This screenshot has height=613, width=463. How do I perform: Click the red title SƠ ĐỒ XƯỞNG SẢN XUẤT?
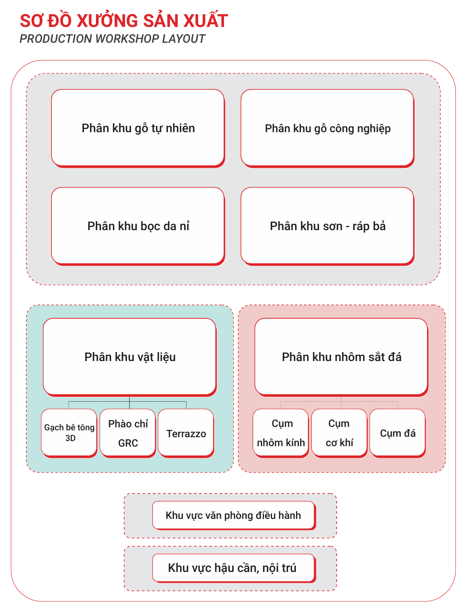124,21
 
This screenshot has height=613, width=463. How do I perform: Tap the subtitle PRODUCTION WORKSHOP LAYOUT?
112,39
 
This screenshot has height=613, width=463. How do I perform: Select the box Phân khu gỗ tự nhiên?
138,128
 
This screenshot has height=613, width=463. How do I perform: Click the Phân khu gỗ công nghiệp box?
327,128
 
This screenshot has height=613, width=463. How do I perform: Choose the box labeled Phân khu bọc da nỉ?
138,226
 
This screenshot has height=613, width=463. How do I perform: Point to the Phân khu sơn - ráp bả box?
327,226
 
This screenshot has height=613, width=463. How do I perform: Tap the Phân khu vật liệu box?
129,356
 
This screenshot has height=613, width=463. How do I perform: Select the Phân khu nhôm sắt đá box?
341,356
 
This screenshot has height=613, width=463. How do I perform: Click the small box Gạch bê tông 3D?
69,432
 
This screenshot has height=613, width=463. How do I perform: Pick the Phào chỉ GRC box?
128,432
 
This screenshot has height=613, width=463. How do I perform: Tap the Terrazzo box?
186,432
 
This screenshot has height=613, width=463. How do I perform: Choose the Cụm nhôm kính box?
281,432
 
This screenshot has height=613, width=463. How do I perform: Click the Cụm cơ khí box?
339,432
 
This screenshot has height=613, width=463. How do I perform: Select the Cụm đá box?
397,432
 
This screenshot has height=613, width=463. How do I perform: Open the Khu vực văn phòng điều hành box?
233,515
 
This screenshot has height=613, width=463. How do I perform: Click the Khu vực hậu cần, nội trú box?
233,568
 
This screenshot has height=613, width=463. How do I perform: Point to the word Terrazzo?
186,434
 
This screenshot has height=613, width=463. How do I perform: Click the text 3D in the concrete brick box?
70,438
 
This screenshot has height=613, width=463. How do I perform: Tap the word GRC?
128,443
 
